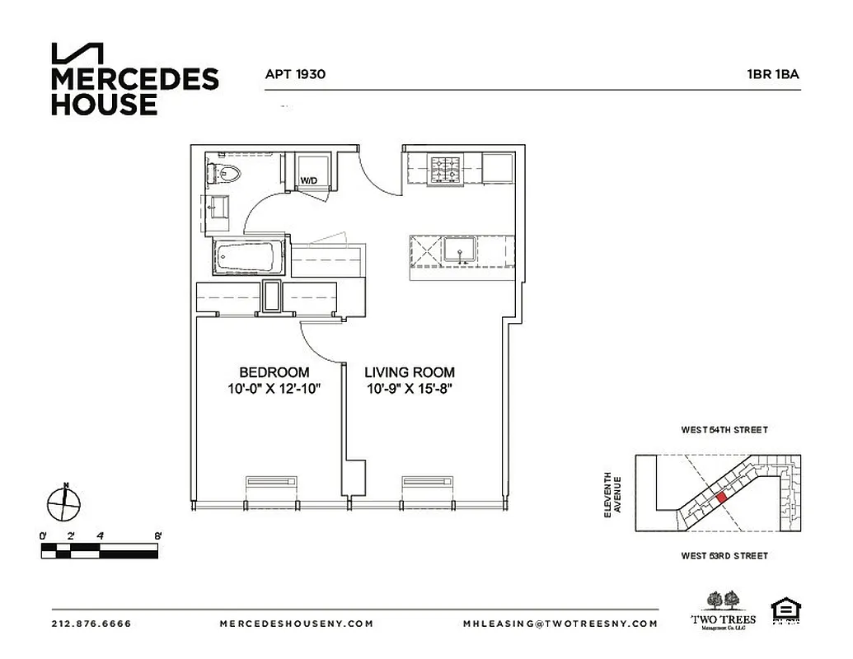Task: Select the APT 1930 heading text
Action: coord(295,74)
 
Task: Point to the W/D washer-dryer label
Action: coord(308,180)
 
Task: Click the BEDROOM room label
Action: coord(274,372)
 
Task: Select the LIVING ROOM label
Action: coord(410,372)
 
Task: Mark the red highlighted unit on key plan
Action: coord(721,497)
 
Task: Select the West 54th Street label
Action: coord(724,430)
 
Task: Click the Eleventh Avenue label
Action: coord(612,494)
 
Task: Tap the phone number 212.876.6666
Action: coord(91,624)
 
